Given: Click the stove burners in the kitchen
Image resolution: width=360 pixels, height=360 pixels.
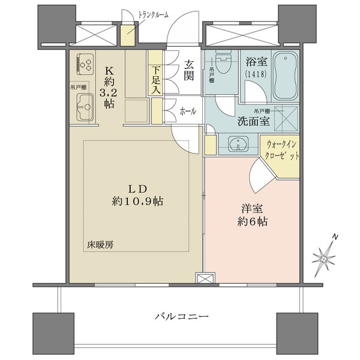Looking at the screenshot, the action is pyautogui.click(x=85, y=64).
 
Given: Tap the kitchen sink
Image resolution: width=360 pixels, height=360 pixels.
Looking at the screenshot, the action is pyautogui.click(x=85, y=107).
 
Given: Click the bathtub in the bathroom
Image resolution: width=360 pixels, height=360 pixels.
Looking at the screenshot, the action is pyautogui.click(x=286, y=76).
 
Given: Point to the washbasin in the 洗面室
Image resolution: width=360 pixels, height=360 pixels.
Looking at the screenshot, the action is pyautogui.click(x=238, y=144).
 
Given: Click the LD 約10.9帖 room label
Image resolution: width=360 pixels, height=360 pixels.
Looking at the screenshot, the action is pyautogui.click(x=137, y=196).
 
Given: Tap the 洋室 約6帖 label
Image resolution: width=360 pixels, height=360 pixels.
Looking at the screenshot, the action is pyautogui.click(x=252, y=215).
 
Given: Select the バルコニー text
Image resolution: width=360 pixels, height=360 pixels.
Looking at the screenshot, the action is pyautogui.click(x=182, y=317).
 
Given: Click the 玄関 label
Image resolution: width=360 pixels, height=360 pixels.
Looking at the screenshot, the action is pyautogui.click(x=189, y=70).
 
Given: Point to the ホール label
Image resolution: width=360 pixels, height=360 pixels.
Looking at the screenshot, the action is pyautogui.click(x=188, y=112).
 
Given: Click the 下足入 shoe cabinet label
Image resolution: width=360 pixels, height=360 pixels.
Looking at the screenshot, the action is pyautogui.click(x=155, y=80).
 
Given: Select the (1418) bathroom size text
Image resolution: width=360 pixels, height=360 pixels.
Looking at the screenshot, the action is pyautogui.click(x=256, y=74).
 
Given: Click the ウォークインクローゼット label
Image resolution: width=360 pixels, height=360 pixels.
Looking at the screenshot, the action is pyautogui.click(x=282, y=151).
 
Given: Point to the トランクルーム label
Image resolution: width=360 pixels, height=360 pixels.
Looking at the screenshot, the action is pyautogui.click(x=153, y=15).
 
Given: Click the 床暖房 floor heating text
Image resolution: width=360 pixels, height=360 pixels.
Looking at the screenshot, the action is pyautogui.click(x=100, y=245).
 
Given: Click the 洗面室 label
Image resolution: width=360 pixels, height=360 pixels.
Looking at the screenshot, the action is pyautogui.click(x=253, y=121).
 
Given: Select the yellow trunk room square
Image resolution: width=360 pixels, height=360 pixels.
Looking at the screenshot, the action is pyautogui.click(x=128, y=35).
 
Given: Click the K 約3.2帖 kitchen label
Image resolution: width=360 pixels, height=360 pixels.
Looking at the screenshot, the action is pyautogui.click(x=108, y=88).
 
